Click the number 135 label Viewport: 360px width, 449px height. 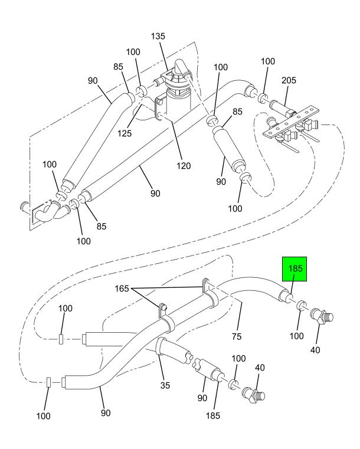pyautogui.click(x=158, y=36)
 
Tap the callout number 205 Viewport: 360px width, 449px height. pyautogui.click(x=289, y=80)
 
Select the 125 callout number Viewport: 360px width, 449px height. pyautogui.click(x=125, y=133)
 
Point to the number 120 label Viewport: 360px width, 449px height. pyautogui.click(x=184, y=166)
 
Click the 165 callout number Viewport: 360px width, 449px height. pyautogui.click(x=122, y=289)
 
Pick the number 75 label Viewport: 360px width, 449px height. pyautogui.click(x=237, y=336)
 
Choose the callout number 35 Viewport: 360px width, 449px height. pyautogui.click(x=165, y=385)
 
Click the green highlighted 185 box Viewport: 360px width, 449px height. pyautogui.click(x=294, y=269)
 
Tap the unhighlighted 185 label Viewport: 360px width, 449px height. pyautogui.click(x=213, y=415)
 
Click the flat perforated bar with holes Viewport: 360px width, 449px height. pyautogui.click(x=291, y=122)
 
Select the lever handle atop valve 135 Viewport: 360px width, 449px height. pyautogui.click(x=181, y=68)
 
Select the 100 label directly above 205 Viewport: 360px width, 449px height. pyautogui.click(x=268, y=61)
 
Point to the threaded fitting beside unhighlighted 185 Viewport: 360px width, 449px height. pyautogui.click(x=253, y=395)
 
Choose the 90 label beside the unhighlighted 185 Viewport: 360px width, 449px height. pyautogui.click(x=202, y=398)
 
